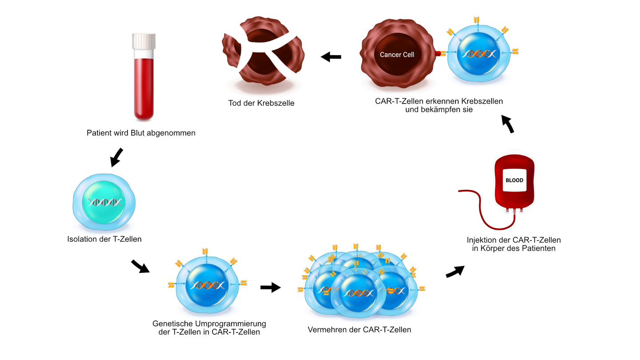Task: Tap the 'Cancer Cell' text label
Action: pyautogui.click(x=397, y=55)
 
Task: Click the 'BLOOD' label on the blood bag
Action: pyautogui.click(x=514, y=180)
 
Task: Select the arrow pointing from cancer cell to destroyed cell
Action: pyautogui.click(x=331, y=57)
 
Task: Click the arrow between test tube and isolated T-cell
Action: pyautogui.click(x=116, y=157)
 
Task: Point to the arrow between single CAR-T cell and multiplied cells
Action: pyautogui.click(x=270, y=288)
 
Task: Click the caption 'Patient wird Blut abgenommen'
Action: pyautogui.click(x=141, y=133)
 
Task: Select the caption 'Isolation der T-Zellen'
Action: pyautogui.click(x=104, y=239)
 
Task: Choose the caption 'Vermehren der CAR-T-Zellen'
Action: pyautogui.click(x=359, y=330)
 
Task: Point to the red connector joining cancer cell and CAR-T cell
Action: pyautogui.click(x=439, y=54)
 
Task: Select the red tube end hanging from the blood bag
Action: pyautogui.click(x=460, y=192)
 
